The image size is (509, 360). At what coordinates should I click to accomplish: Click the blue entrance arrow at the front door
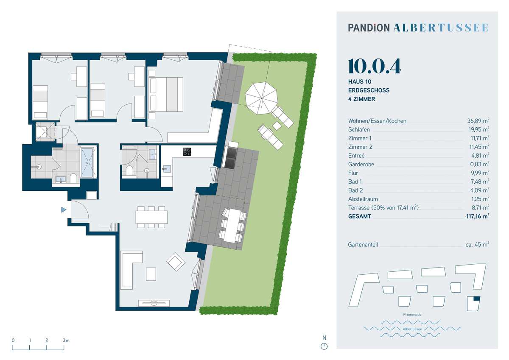tap(64, 209)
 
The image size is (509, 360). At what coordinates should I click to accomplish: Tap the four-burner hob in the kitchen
tap(187, 152)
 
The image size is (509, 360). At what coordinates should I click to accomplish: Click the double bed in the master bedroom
tap(166, 94)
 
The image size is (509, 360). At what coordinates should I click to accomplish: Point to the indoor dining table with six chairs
tap(151, 217)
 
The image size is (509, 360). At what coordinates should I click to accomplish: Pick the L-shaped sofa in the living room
tap(131, 270)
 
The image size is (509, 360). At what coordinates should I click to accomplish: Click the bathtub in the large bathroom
tap(87, 163)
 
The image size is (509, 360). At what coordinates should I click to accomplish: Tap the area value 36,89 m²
tap(478, 121)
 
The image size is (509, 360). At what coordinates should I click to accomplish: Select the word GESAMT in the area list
tap(360, 216)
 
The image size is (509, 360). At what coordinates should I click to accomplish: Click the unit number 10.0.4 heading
tap(374, 66)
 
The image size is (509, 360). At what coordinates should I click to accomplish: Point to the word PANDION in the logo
tap(369, 28)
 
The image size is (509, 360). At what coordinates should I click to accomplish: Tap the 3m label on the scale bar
tap(66, 340)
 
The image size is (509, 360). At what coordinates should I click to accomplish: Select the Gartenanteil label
tap(363, 245)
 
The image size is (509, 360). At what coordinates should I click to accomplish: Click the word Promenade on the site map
tap(412, 315)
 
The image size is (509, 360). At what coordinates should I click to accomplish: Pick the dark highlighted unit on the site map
tap(476, 299)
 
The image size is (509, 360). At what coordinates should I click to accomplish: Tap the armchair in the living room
tap(176, 262)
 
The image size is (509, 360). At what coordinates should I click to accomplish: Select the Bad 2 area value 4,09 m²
tap(480, 190)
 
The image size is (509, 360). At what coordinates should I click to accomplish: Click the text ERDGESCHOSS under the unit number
tap(369, 90)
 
